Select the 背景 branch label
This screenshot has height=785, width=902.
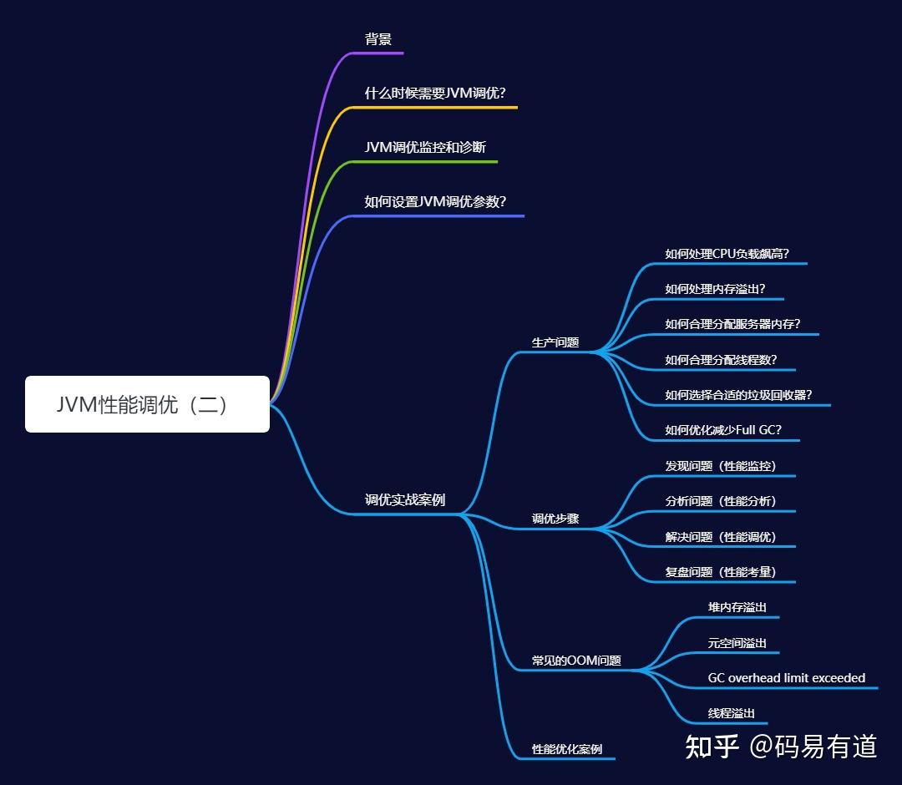pyautogui.click(x=378, y=39)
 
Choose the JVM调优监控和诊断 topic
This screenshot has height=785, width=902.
pyautogui.click(x=425, y=148)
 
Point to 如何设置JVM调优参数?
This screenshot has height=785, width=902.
pyautogui.click(x=435, y=202)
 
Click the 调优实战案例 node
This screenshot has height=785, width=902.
pyautogui.click(x=405, y=500)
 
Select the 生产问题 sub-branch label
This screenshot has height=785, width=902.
pyautogui.click(x=555, y=342)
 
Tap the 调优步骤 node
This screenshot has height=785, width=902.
pyautogui.click(x=555, y=519)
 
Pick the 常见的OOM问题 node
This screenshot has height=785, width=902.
pyautogui.click(x=576, y=661)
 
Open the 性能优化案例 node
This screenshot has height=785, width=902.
pyautogui.click(x=567, y=749)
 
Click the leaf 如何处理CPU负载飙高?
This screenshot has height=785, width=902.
pyautogui.click(x=727, y=254)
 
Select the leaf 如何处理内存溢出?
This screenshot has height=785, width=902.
pyautogui.click(x=715, y=289)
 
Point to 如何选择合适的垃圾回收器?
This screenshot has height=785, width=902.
pyautogui.click(x=738, y=395)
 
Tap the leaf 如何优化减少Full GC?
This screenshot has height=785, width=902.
pyautogui.click(x=723, y=431)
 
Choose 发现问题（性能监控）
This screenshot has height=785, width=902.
pyautogui.click(x=721, y=466)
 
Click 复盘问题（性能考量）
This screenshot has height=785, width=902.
pyautogui.click(x=721, y=572)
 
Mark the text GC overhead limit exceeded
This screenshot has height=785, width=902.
pyautogui.click(x=786, y=678)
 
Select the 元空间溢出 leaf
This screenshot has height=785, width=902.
pyautogui.click(x=737, y=643)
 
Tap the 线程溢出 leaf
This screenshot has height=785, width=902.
pyautogui.click(x=731, y=713)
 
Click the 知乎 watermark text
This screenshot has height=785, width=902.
pyautogui.click(x=712, y=746)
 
